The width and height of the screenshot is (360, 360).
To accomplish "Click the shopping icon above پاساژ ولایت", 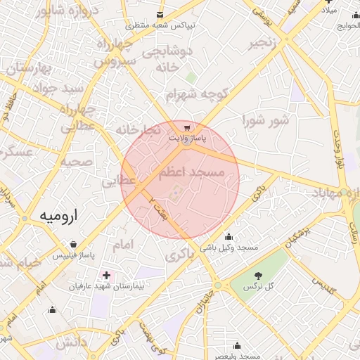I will pos(186,128).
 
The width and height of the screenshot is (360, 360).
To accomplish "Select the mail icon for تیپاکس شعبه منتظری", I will pos(160,15).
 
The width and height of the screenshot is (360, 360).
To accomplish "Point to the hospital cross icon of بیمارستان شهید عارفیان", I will pos(105,275).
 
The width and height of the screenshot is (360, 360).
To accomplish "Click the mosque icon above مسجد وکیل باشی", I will pos(229,237).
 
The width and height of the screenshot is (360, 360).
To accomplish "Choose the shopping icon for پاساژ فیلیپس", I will pos(74,245).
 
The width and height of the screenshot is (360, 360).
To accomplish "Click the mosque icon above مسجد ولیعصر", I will pos(237,345).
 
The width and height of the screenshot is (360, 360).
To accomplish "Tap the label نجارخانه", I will pos(139,130).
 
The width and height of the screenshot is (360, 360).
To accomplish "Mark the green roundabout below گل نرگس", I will pos(218,285).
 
